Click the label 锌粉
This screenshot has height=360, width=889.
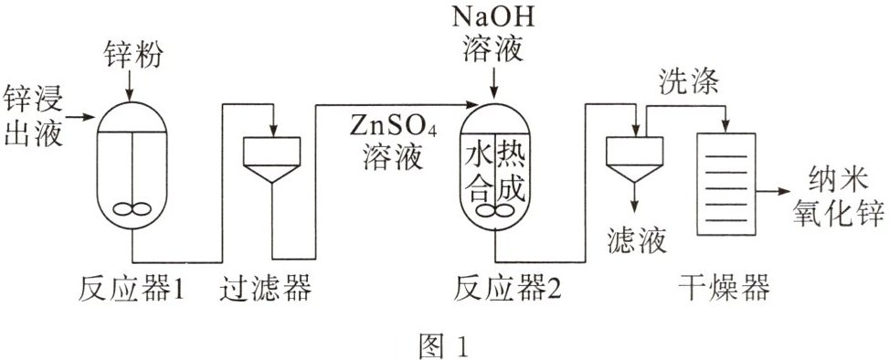[x=132, y=56]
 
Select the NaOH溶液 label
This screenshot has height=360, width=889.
[x=492, y=34]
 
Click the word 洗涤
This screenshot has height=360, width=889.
[x=688, y=82]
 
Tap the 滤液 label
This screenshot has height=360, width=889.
[x=635, y=239]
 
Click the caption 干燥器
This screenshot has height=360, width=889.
[x=724, y=289]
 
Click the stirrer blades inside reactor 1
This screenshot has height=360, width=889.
[x=132, y=209]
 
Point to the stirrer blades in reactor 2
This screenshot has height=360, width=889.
[x=495, y=211]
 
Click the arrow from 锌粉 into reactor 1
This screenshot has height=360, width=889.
[x=132, y=87]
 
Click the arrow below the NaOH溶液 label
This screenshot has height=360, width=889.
[x=494, y=83]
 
